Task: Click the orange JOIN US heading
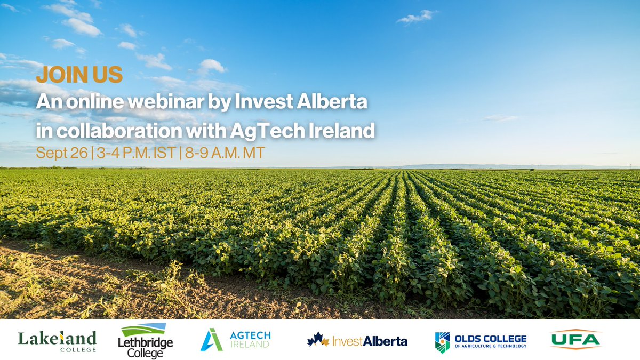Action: pyautogui.click(x=79, y=75)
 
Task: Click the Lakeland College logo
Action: pyautogui.click(x=57, y=340)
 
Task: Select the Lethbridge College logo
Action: pyautogui.click(x=145, y=340)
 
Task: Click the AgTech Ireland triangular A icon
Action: pyautogui.click(x=211, y=340)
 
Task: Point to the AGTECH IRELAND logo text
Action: pyautogui.click(x=250, y=340)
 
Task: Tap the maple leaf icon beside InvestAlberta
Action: pyautogui.click(x=318, y=340)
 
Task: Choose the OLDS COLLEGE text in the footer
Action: pyautogui.click(x=490, y=339)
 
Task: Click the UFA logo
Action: pyautogui.click(x=575, y=339)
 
